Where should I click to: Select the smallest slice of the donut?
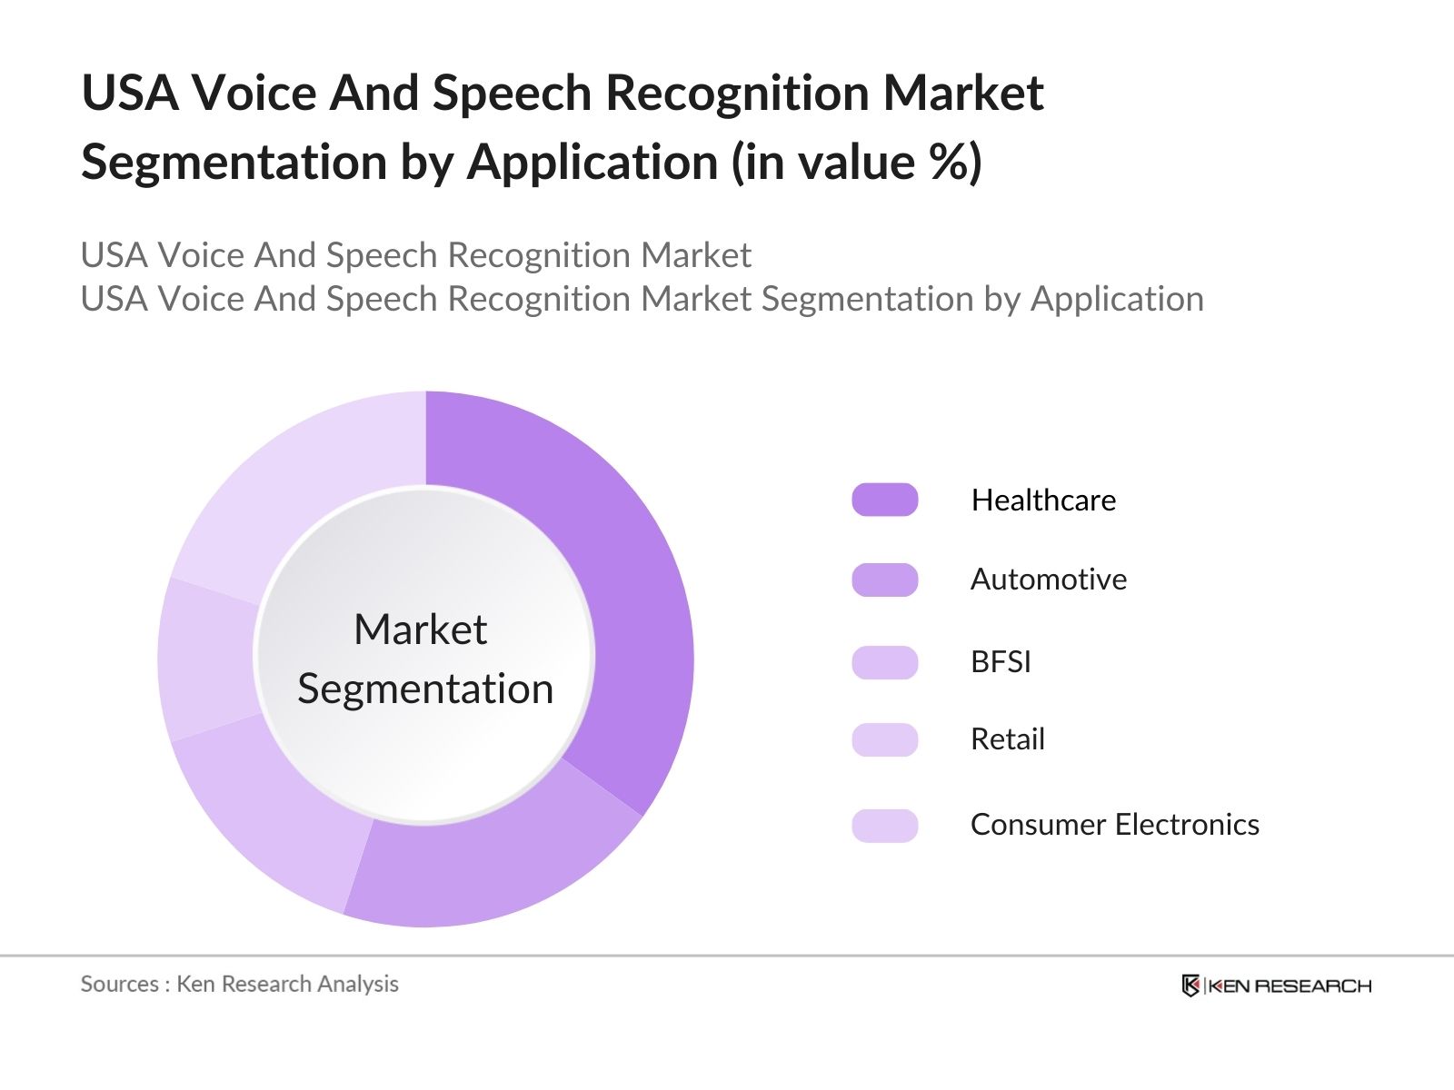pos(207,659)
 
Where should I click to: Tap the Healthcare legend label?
pos(1042,500)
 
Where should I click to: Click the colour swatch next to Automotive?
pos(884,580)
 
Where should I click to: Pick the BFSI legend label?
pos(1001,661)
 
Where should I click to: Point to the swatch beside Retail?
pos(884,739)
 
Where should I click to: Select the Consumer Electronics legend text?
pos(1114,825)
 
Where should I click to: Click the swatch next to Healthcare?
pos(884,500)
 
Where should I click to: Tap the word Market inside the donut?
pos(420,629)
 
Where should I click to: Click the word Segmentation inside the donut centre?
pos(425,689)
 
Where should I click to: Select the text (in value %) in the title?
pos(856,163)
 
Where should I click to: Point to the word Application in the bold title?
pos(593,163)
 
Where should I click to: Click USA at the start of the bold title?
pos(129,94)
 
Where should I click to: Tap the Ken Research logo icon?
pos(1190,986)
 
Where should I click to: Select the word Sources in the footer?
pos(119,984)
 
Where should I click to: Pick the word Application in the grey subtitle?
pos(1116,299)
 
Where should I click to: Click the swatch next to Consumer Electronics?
pos(884,826)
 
